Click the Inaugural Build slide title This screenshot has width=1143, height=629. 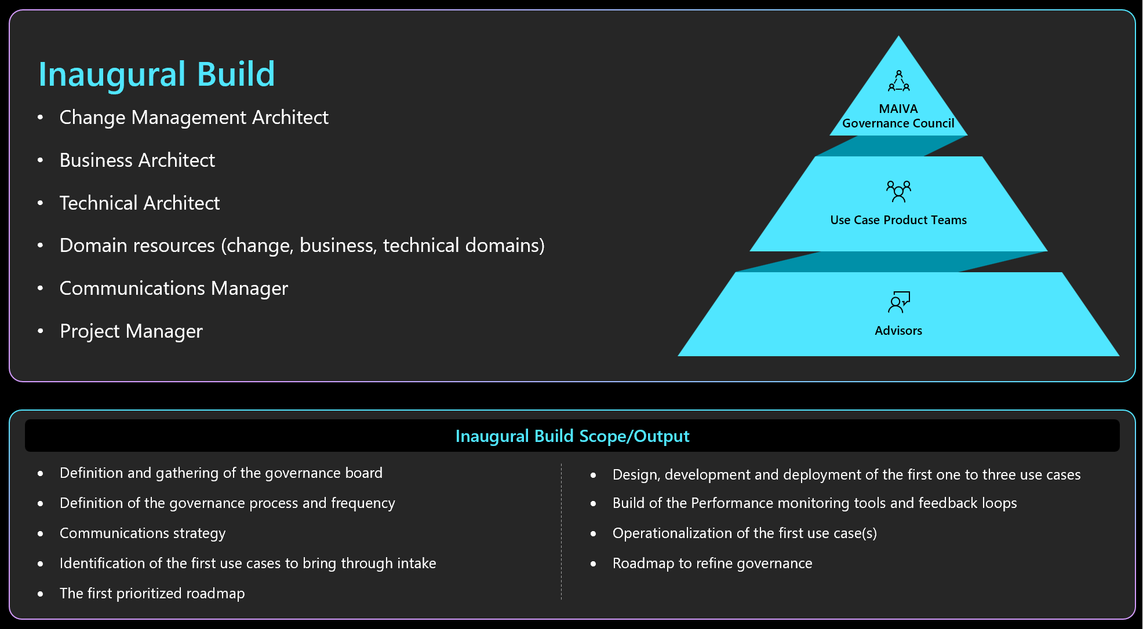pos(156,75)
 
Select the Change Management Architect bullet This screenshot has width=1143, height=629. pos(194,118)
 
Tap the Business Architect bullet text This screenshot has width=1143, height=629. pos(137,160)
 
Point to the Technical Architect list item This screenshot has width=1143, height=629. pos(140,203)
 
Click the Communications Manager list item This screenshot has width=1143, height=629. pos(174,288)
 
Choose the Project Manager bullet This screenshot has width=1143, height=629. pos(132,331)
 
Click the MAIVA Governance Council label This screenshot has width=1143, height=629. pos(898,116)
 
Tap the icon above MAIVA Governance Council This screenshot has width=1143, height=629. pos(899,81)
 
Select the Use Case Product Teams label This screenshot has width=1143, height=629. pos(898,220)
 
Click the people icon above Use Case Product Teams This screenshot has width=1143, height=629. pos(898,191)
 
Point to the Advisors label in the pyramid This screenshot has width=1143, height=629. pos(898,331)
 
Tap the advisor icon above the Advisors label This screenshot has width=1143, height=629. pos(899,302)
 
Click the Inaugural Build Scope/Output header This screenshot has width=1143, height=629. pos(573,436)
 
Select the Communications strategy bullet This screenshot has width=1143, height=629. pos(143,533)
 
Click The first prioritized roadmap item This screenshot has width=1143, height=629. pos(152,594)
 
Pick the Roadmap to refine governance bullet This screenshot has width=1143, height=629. pos(712,564)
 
